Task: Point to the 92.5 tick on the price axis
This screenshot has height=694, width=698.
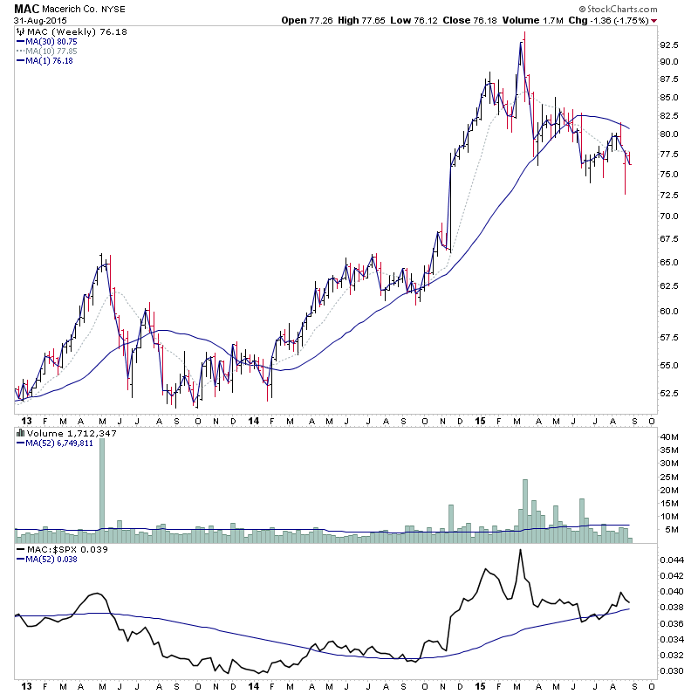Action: click(x=668, y=45)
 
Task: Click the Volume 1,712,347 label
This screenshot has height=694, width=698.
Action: click(x=59, y=433)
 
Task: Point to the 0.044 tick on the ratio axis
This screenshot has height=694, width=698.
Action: click(x=672, y=560)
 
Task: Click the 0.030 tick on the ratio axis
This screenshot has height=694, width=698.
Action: click(x=672, y=670)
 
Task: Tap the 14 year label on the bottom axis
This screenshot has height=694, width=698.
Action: click(x=251, y=686)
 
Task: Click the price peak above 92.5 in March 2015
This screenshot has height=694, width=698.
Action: click(x=523, y=35)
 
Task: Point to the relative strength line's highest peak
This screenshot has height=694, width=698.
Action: click(x=521, y=550)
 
